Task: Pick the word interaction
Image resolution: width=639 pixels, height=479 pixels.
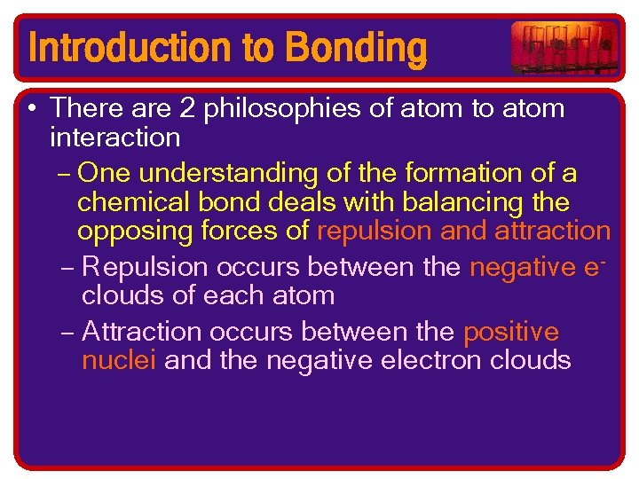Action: tap(115, 137)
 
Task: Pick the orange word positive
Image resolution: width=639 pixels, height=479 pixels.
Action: tap(511, 332)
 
